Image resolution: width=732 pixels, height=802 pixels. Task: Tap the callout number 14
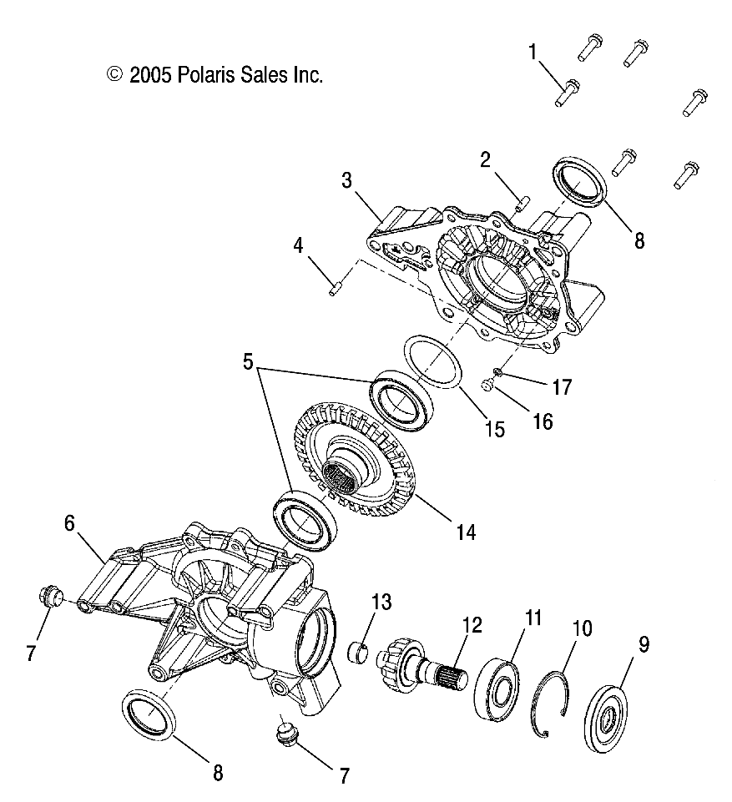[466, 531]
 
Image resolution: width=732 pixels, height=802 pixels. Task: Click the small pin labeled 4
[334, 289]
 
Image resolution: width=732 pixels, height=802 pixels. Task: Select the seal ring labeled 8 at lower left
[150, 711]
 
